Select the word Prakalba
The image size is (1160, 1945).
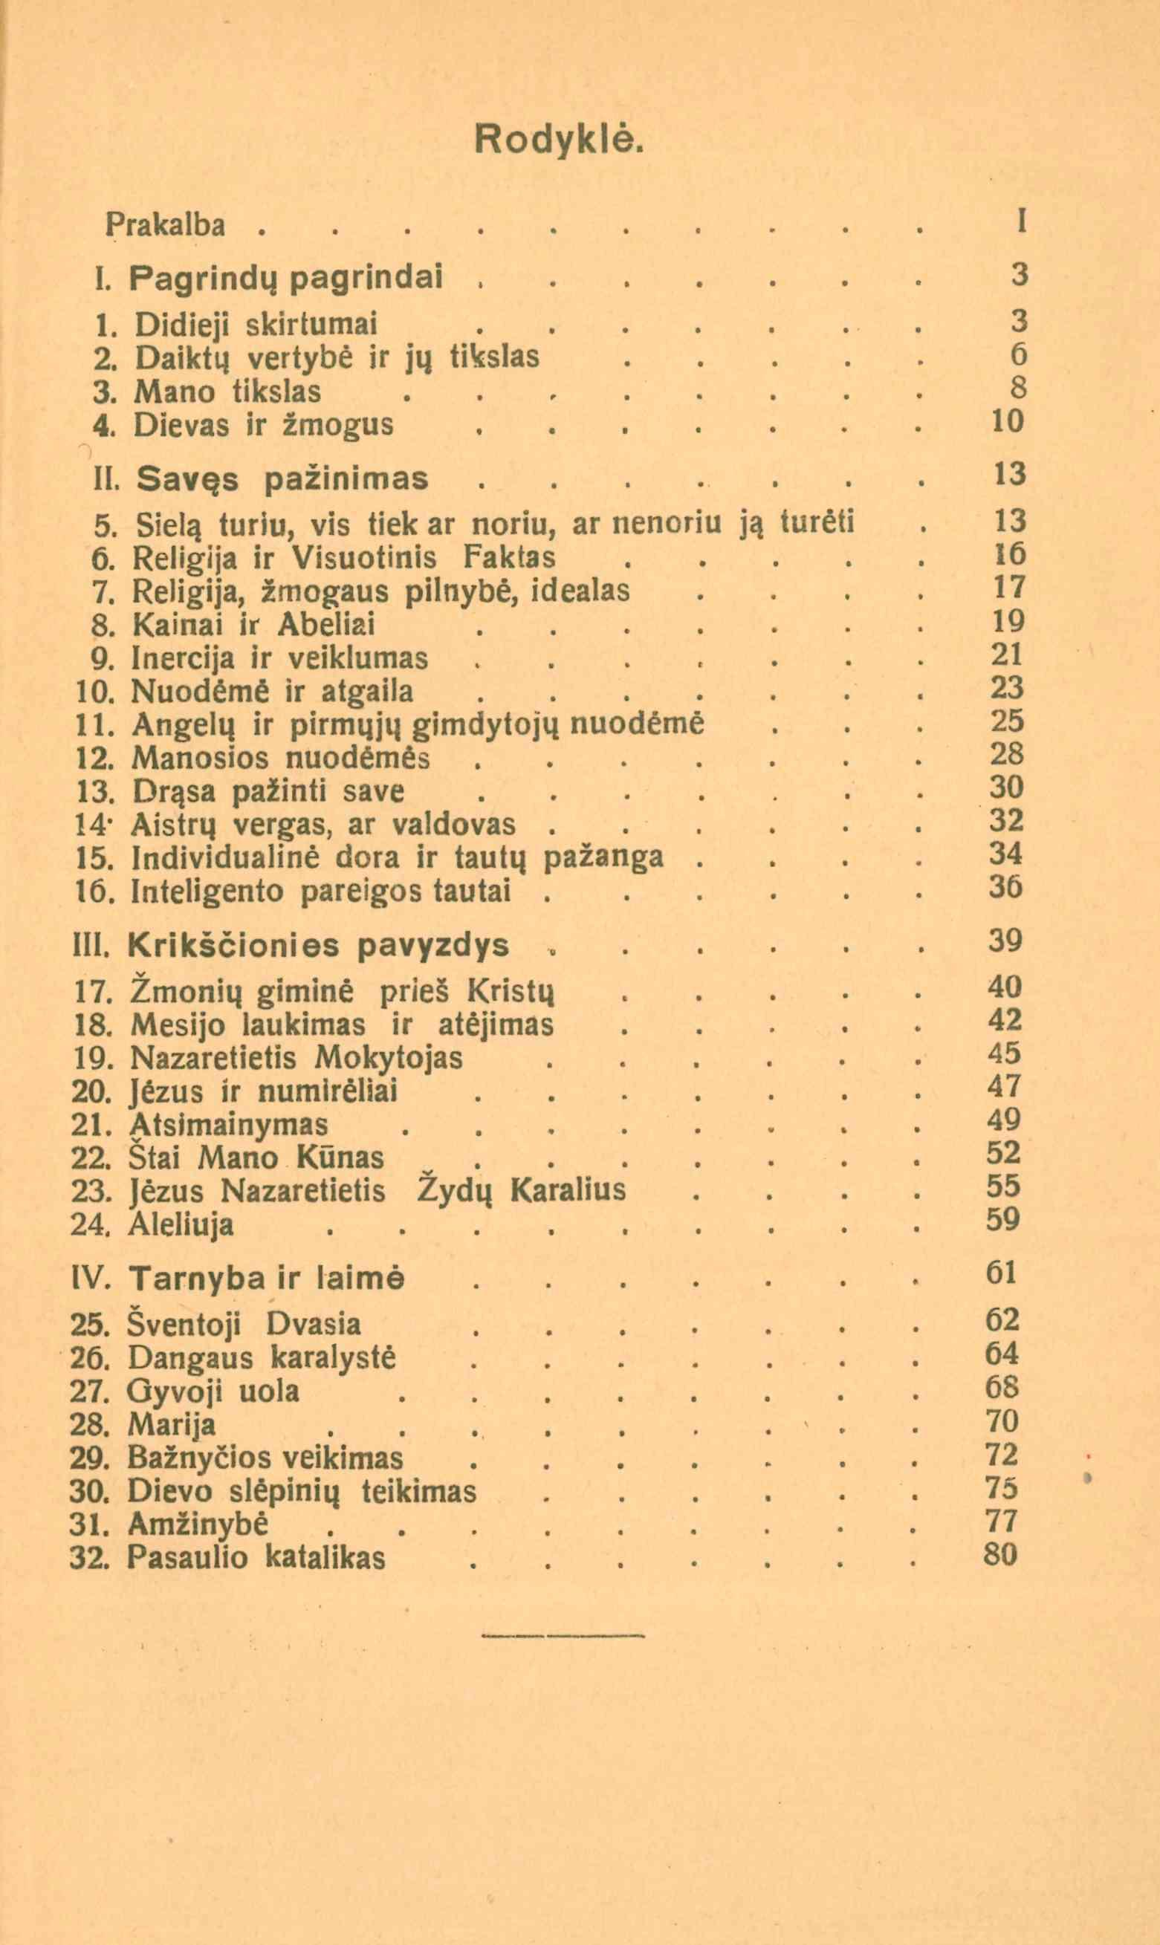tap(166, 226)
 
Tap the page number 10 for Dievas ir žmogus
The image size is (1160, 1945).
tap(1007, 423)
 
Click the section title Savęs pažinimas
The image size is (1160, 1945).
tap(282, 478)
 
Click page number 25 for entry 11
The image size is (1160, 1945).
tap(1006, 721)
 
